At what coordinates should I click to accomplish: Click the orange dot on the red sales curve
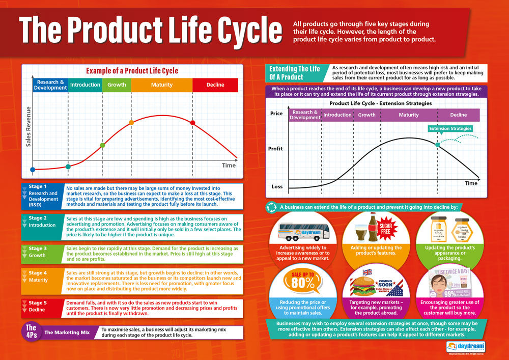(x=131, y=122)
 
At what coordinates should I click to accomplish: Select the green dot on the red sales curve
(x=102, y=145)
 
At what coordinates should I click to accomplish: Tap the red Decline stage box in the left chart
(x=215, y=85)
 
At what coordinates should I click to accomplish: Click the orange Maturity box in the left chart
(x=162, y=85)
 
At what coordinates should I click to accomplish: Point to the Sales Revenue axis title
(x=29, y=126)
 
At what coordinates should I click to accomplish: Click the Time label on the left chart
(x=229, y=165)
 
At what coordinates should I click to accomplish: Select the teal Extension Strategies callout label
(x=450, y=129)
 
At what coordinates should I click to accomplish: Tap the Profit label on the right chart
(x=276, y=149)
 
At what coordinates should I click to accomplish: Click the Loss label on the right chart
(x=277, y=187)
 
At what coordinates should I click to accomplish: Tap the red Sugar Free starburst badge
(x=385, y=228)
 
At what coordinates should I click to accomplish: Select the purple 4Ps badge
(x=31, y=331)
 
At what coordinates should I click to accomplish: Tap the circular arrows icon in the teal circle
(x=271, y=207)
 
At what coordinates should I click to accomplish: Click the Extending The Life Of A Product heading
(x=295, y=73)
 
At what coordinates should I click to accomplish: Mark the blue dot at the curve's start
(x=33, y=169)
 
